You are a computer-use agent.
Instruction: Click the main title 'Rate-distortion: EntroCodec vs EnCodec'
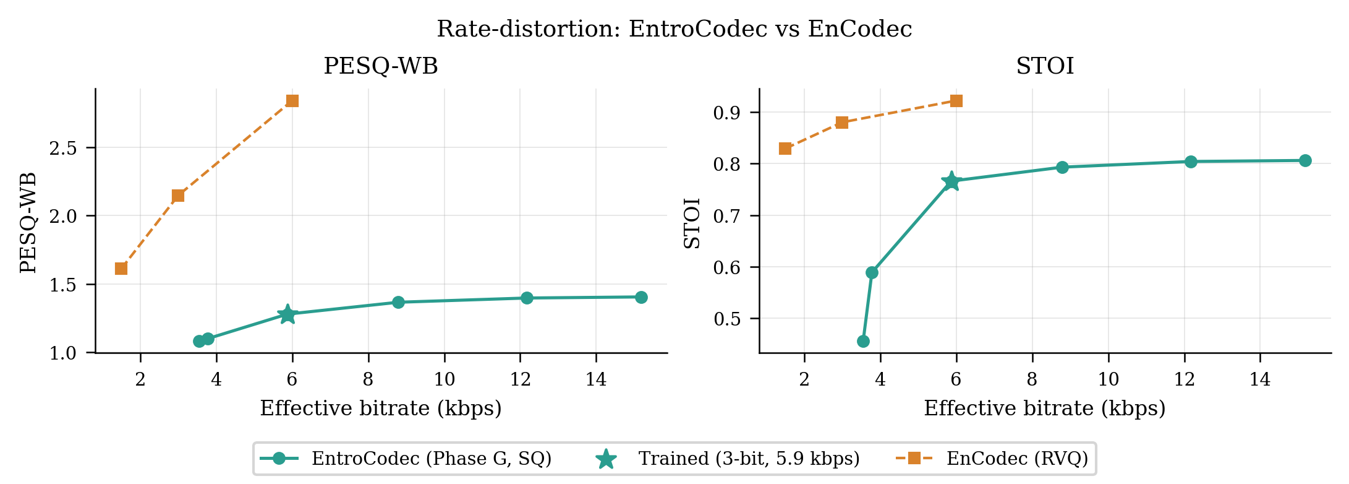click(x=674, y=29)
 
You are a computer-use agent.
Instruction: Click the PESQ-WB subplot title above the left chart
click(x=381, y=66)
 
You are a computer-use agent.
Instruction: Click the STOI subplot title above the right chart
click(x=1045, y=66)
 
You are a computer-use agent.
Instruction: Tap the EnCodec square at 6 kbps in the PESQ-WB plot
click(x=292, y=101)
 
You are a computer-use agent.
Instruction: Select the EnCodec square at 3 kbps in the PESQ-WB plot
click(x=178, y=196)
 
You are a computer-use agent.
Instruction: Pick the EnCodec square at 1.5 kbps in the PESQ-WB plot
click(x=121, y=269)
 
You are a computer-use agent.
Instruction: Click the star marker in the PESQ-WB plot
click(x=287, y=314)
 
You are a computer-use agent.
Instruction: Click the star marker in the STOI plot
click(x=951, y=181)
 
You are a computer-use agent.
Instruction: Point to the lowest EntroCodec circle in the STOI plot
click(x=864, y=342)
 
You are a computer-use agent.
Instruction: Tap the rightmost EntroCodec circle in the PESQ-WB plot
click(x=641, y=297)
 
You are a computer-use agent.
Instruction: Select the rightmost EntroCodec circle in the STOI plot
click(x=1305, y=161)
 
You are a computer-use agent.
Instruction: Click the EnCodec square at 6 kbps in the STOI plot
click(x=956, y=101)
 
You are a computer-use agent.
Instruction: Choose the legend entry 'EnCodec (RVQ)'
click(x=992, y=459)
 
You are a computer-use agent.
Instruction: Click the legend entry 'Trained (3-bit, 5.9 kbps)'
click(x=728, y=459)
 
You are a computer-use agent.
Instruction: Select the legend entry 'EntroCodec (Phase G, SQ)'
click(x=406, y=459)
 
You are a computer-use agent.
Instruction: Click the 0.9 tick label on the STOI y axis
click(x=728, y=113)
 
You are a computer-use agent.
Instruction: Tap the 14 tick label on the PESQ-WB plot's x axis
click(x=596, y=379)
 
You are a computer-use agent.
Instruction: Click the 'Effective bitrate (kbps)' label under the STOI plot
click(x=1045, y=408)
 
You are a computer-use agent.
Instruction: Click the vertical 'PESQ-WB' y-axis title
click(x=28, y=223)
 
